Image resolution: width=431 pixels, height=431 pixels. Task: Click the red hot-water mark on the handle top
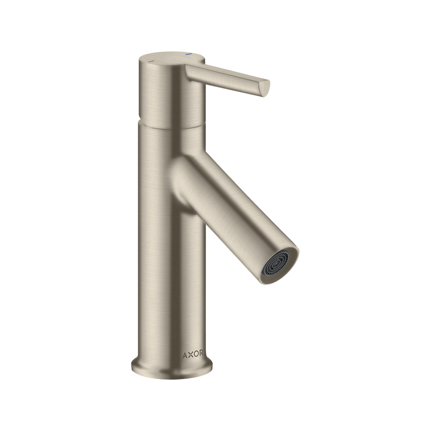click(x=150, y=61)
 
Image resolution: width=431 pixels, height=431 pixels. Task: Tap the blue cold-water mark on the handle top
click(x=188, y=54)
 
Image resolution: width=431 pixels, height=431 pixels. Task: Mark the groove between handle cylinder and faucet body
click(x=172, y=125)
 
